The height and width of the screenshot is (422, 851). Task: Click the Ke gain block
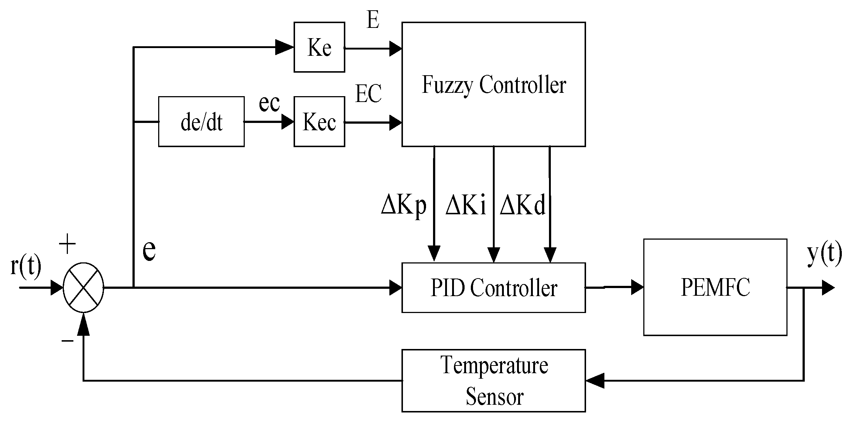tap(319, 47)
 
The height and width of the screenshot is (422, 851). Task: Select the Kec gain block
tap(319, 122)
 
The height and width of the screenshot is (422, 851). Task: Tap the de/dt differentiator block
tap(201, 122)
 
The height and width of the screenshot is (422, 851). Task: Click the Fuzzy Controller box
tap(493, 84)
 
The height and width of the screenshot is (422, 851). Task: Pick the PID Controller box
tap(493, 288)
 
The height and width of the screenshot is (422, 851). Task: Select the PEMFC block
tap(715, 287)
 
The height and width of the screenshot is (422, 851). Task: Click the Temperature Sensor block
tap(493, 381)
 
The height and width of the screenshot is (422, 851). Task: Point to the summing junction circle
tap(84, 288)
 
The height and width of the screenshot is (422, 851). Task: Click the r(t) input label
tap(26, 265)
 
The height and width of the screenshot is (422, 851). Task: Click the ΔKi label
tap(465, 205)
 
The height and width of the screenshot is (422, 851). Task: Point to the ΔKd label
tap(523, 205)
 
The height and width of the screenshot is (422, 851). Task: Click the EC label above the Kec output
tap(368, 94)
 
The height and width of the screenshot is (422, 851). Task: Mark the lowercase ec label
tap(269, 103)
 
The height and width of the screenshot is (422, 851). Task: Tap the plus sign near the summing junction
tap(68, 244)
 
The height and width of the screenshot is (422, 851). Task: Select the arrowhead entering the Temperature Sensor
tap(594, 381)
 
